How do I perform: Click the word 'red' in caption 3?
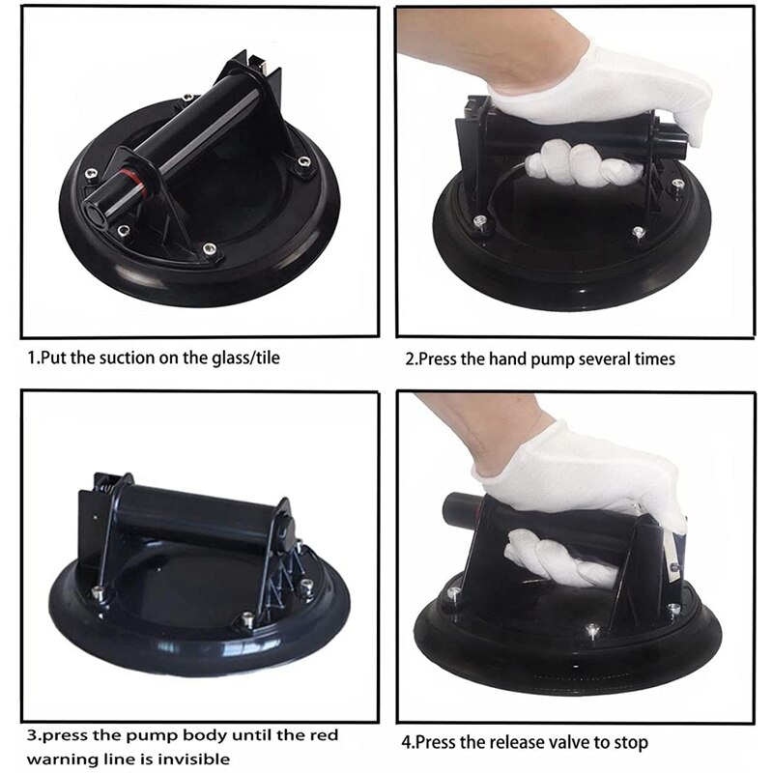click(324, 735)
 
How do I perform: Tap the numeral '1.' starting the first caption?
click(33, 358)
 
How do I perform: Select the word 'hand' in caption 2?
click(507, 358)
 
